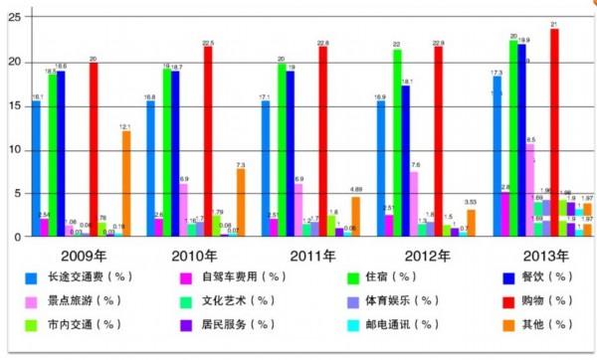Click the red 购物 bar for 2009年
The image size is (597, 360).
tap(94, 149)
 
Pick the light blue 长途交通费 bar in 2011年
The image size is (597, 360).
tap(265, 169)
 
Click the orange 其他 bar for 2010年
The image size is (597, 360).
tap(240, 203)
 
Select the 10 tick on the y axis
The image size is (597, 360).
tap(13, 150)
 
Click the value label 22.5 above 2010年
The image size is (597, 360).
tap(207, 44)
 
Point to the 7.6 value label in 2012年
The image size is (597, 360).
tap(414, 165)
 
